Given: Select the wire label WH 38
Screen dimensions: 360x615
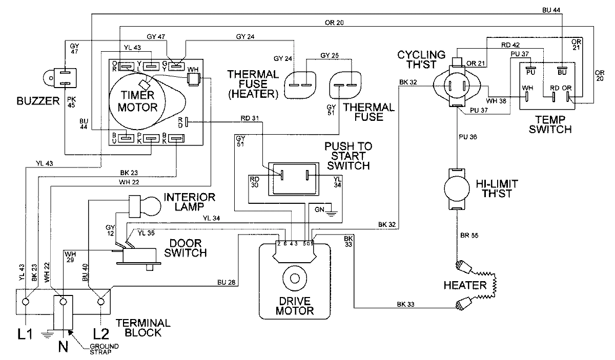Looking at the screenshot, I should pos(498,101).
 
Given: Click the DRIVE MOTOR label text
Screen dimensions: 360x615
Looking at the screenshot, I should pos(294,306).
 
